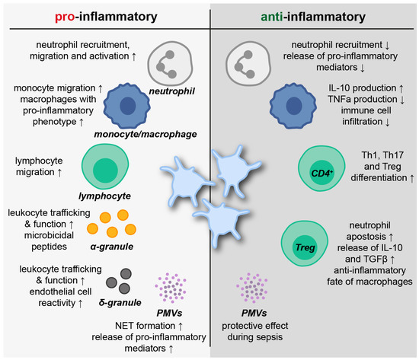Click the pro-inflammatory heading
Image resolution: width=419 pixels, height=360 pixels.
107,16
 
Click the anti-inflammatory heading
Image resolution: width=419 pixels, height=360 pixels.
312,16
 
